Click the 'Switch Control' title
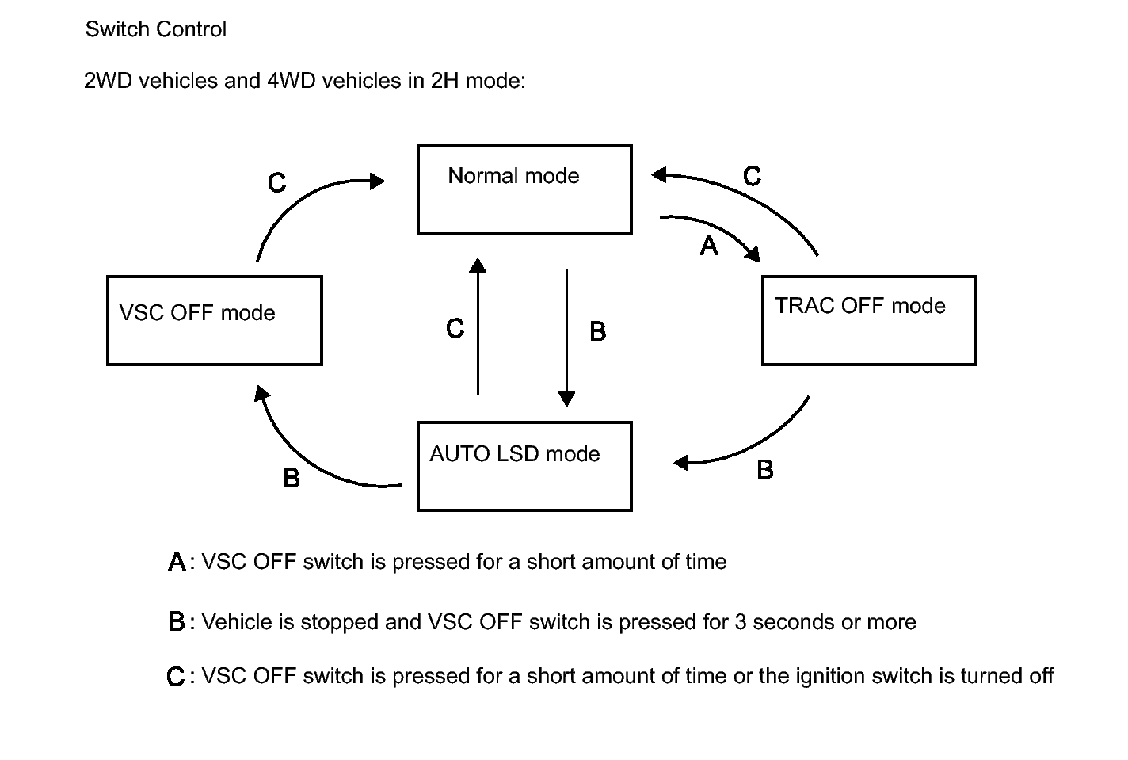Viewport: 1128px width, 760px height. point(155,29)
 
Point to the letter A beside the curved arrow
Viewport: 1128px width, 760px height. point(708,246)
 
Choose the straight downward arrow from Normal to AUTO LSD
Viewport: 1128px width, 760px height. point(566,338)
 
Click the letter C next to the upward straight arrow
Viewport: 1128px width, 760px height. point(455,328)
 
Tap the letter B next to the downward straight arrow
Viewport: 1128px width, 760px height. point(598,331)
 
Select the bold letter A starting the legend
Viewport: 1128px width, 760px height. point(177,562)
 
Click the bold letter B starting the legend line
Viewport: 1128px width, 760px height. point(177,621)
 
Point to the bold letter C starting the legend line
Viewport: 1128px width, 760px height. point(176,677)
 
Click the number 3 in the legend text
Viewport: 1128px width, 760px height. point(740,622)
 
